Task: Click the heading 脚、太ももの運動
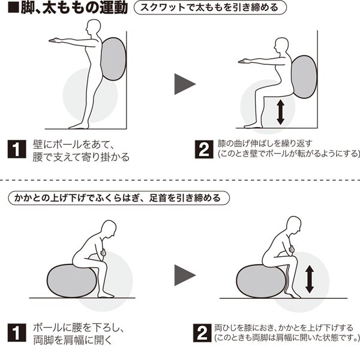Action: pyautogui.click(x=74, y=7)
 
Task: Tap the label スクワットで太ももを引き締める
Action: pyautogui.click(x=210, y=8)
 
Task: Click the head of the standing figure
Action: pyautogui.click(x=93, y=26)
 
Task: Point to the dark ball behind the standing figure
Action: pyautogui.click(x=113, y=59)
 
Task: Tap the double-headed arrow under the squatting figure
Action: pyautogui.click(x=280, y=113)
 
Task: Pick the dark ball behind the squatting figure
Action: pyautogui.click(x=304, y=77)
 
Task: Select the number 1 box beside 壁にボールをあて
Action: pyautogui.click(x=17, y=149)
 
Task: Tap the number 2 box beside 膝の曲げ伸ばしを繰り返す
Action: pyautogui.click(x=204, y=149)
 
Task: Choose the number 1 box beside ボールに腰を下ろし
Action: pyautogui.click(x=17, y=332)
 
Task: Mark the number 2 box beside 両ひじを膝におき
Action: pyautogui.click(x=202, y=332)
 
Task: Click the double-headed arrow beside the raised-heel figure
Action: pyautogui.click(x=310, y=279)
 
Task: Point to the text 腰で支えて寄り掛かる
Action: pyautogui.click(x=81, y=157)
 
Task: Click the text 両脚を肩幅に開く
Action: pyautogui.click(x=73, y=340)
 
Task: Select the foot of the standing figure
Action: pyautogui.click(x=79, y=125)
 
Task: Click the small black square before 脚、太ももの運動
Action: pyautogui.click(x=13, y=8)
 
